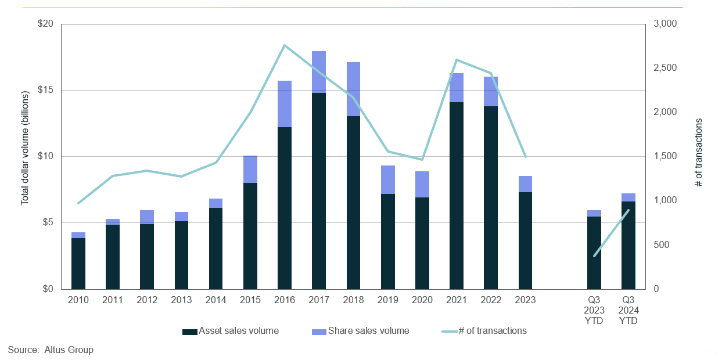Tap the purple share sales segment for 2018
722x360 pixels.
tap(353, 89)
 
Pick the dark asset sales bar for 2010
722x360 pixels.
tap(78, 263)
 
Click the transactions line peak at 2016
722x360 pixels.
tap(284, 45)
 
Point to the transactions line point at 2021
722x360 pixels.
tap(456, 60)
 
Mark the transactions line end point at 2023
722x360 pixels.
tap(525, 157)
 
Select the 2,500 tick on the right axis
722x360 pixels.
tap(666, 69)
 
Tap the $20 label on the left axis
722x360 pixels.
tap(45, 24)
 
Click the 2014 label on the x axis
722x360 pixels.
tap(215, 300)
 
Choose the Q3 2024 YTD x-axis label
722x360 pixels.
tap(628, 310)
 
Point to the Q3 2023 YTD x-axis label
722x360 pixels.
tap(594, 310)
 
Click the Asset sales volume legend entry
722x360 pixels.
tap(231, 331)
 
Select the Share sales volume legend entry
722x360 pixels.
tap(361, 331)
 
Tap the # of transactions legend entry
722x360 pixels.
tap(484, 331)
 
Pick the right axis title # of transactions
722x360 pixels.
tap(699, 153)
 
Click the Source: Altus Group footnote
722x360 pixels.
tap(51, 350)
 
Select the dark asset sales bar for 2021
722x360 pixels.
tap(456, 195)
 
